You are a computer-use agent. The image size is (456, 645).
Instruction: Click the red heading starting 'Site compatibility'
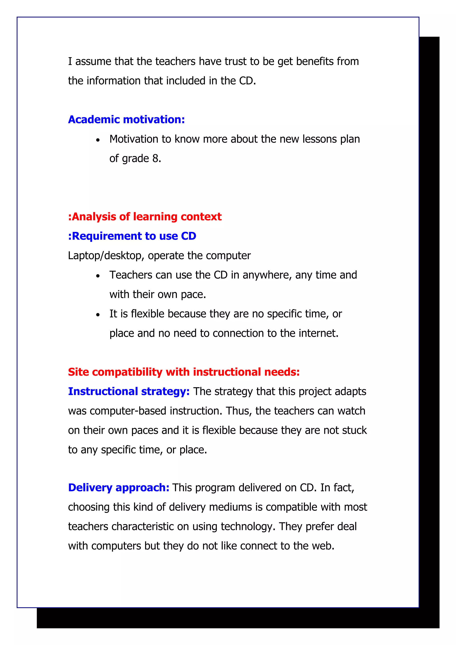pos(184,372)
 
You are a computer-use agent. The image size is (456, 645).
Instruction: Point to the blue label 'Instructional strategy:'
pos(129,391)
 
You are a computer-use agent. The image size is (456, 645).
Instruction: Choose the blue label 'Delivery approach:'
pos(119,487)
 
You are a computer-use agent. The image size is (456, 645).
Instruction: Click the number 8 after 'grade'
pos(155,158)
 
